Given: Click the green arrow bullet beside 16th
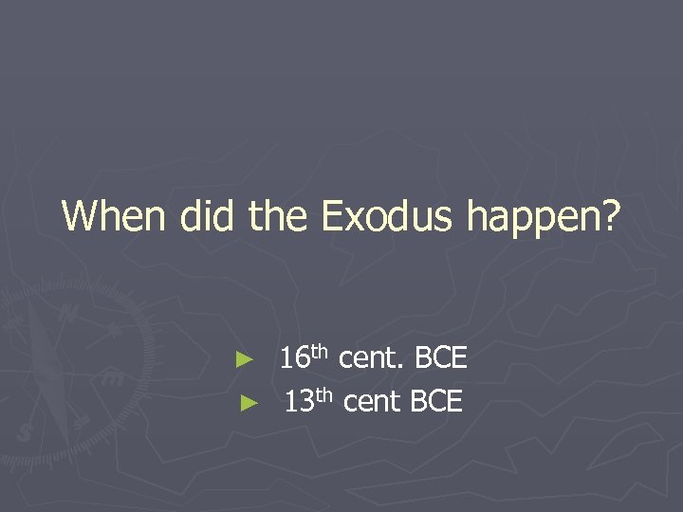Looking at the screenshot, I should [x=246, y=359].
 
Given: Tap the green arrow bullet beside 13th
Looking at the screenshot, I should [x=247, y=403].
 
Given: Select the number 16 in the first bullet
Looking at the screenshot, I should [x=295, y=359].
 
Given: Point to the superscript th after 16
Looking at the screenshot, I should [x=322, y=352].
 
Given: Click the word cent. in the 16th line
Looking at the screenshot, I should [x=373, y=359].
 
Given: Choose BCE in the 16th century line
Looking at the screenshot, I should [x=441, y=359].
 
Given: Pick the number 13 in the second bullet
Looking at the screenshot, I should [x=300, y=403].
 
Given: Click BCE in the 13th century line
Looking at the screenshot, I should [x=436, y=403].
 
